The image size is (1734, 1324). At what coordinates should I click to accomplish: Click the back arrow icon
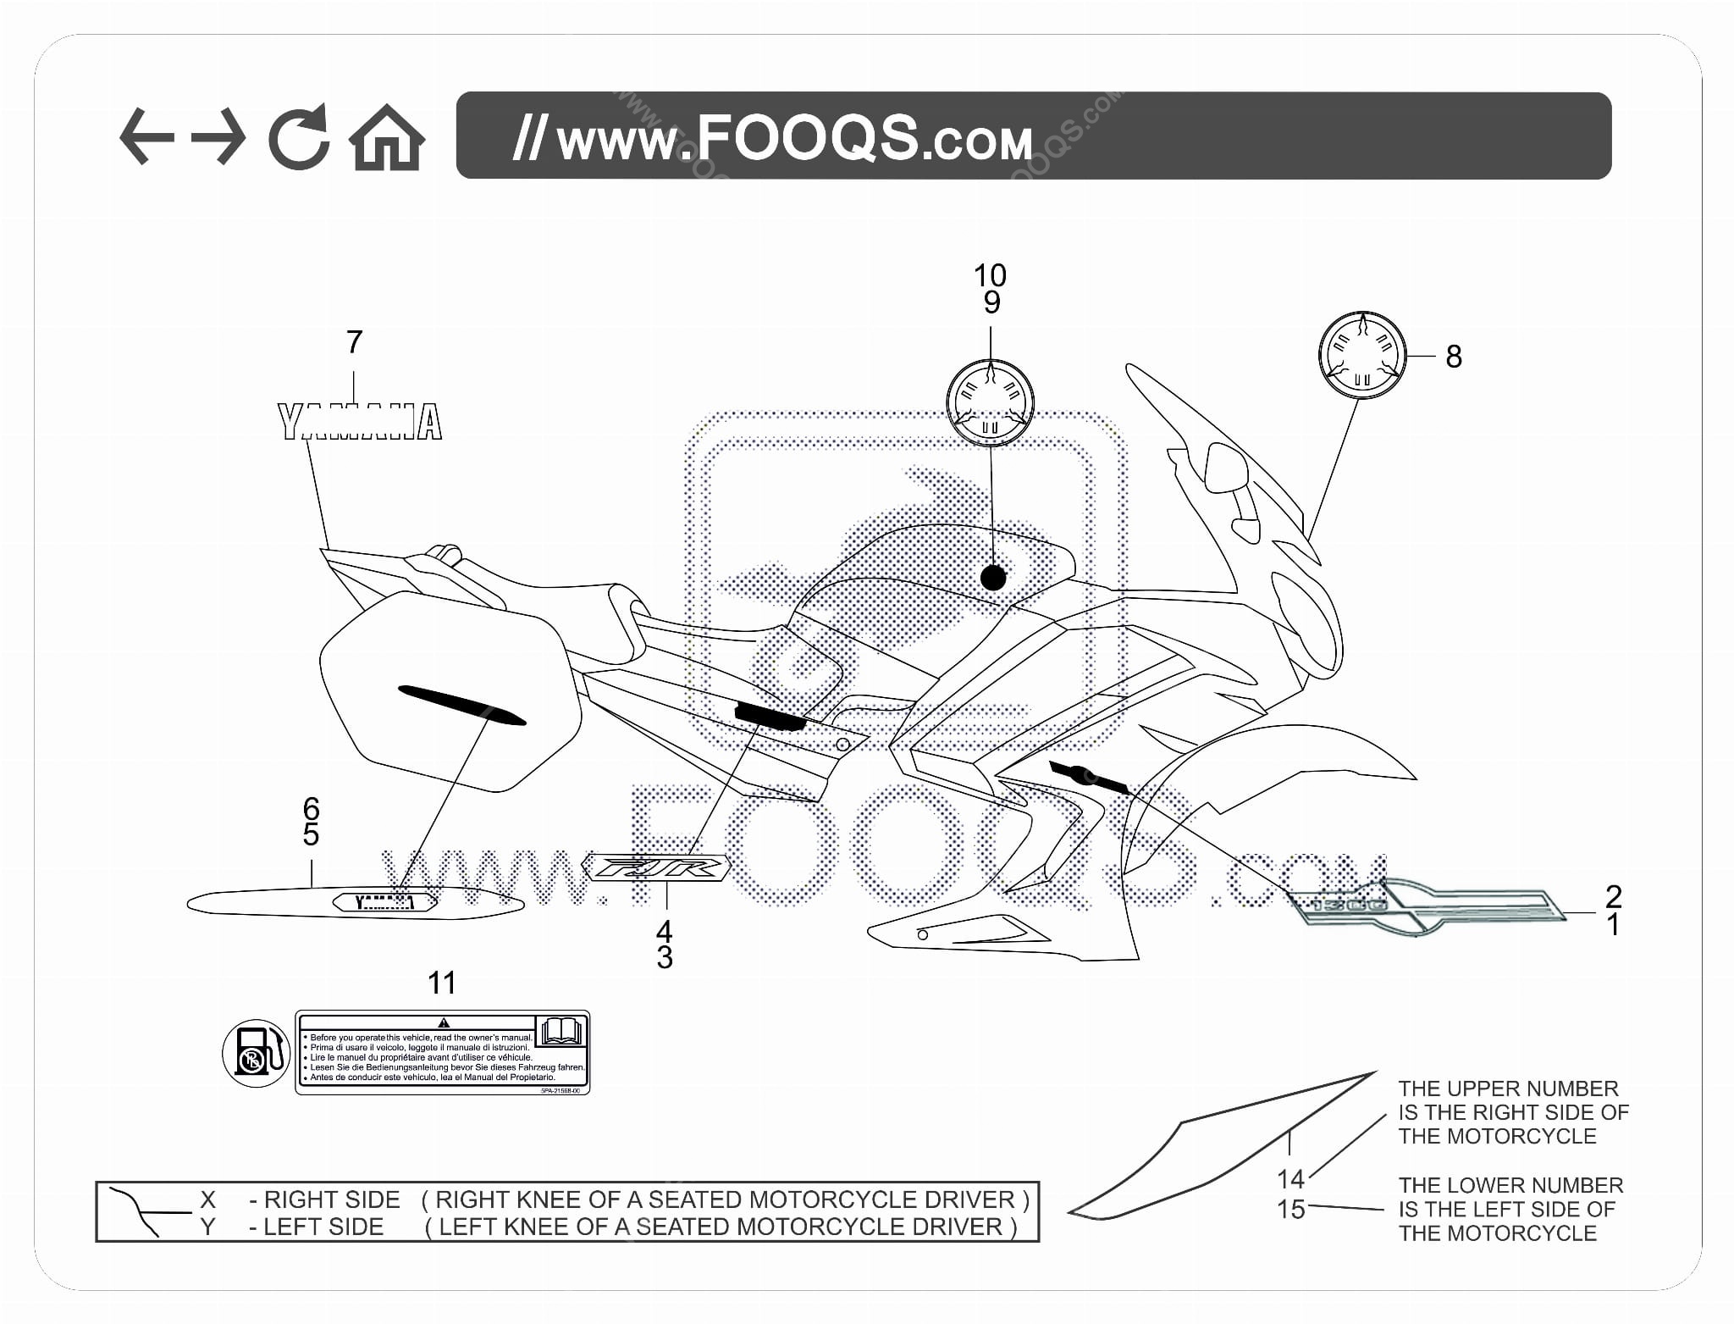146,136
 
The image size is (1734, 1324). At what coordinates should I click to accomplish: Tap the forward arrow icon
218,136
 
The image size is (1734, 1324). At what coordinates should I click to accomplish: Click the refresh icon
298,136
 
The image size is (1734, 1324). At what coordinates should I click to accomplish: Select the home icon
387,137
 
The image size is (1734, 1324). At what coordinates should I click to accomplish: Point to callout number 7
354,342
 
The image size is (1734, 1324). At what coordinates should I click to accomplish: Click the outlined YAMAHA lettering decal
361,422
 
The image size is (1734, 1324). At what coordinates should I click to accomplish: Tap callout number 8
1454,357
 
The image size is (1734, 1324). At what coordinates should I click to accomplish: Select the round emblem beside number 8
1361,356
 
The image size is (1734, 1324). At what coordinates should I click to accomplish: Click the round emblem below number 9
990,403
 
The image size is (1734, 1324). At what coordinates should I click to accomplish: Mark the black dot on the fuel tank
992,578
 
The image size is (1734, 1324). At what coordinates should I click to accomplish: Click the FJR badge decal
656,868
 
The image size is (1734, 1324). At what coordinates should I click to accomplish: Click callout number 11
441,983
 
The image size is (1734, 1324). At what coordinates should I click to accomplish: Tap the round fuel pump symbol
256,1053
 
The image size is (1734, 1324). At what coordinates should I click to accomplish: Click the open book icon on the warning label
562,1030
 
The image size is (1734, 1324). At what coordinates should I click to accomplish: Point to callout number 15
1290,1210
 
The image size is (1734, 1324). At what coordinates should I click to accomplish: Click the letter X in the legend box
207,1199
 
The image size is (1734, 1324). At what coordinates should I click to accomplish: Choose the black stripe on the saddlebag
461,705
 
